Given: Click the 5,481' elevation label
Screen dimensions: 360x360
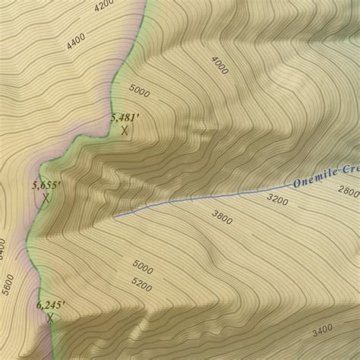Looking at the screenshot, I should (125, 117).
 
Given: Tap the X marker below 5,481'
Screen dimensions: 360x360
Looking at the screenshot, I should (125, 130).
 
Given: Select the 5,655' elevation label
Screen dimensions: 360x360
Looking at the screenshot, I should (46, 185).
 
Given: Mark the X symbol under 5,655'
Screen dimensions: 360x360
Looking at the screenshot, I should (46, 198).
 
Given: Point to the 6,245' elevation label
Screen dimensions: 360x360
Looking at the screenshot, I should (51, 305).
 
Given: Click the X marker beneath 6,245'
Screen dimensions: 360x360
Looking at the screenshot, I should (50, 317).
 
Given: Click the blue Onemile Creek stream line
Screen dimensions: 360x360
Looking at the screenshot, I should (205, 198).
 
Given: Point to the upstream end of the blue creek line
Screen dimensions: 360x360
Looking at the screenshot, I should (114, 216).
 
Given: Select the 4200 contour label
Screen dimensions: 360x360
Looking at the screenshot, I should (104, 7).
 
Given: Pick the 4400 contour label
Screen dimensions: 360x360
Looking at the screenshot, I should (76, 40).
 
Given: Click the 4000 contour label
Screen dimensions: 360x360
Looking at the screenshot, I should (219, 65).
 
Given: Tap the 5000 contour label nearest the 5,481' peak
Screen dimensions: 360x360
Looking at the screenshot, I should (140, 90).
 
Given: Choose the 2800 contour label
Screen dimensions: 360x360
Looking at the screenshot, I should (349, 191).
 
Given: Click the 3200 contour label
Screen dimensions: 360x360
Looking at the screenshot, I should (277, 200).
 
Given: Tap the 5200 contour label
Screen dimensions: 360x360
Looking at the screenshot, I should (141, 286).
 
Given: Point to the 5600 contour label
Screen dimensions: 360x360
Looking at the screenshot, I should (8, 284).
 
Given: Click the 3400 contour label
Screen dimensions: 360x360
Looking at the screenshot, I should (322, 330).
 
